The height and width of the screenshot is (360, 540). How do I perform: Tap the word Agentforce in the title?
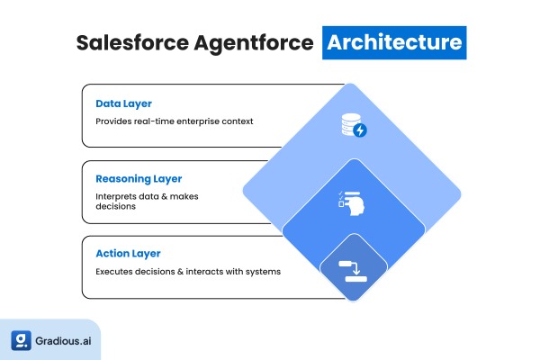[254, 43]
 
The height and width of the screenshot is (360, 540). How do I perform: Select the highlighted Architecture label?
[394, 42]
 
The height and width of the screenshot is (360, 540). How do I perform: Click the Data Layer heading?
[124, 103]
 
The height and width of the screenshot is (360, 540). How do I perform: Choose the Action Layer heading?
[129, 254]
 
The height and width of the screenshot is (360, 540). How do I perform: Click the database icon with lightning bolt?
[353, 126]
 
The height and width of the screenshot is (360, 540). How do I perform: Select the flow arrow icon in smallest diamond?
[353, 270]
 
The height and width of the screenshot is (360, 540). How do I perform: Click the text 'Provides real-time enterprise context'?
[175, 121]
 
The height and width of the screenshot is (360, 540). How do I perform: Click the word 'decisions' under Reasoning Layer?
[116, 206]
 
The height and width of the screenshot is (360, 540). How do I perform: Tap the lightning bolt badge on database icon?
[360, 131]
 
